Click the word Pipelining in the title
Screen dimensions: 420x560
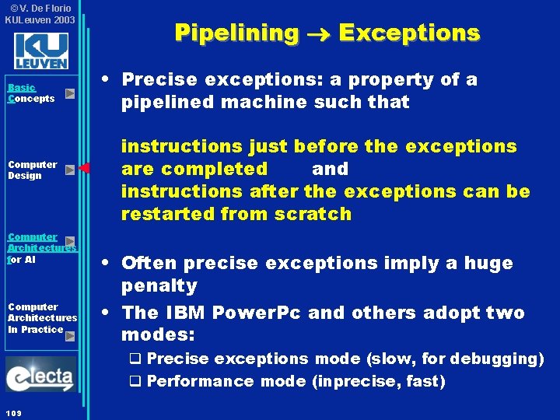tap(236, 33)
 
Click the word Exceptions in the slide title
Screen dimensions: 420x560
tap(409, 33)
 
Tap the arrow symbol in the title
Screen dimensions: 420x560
tap(318, 33)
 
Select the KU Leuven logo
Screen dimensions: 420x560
tap(40, 51)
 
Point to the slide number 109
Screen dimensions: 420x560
tap(12, 411)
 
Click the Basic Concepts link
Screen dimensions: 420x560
tap(31, 93)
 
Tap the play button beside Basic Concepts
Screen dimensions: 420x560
tap(70, 94)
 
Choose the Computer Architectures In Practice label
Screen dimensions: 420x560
tap(42, 318)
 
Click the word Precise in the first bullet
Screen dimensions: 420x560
tap(159, 79)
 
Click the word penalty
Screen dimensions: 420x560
tap(159, 285)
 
